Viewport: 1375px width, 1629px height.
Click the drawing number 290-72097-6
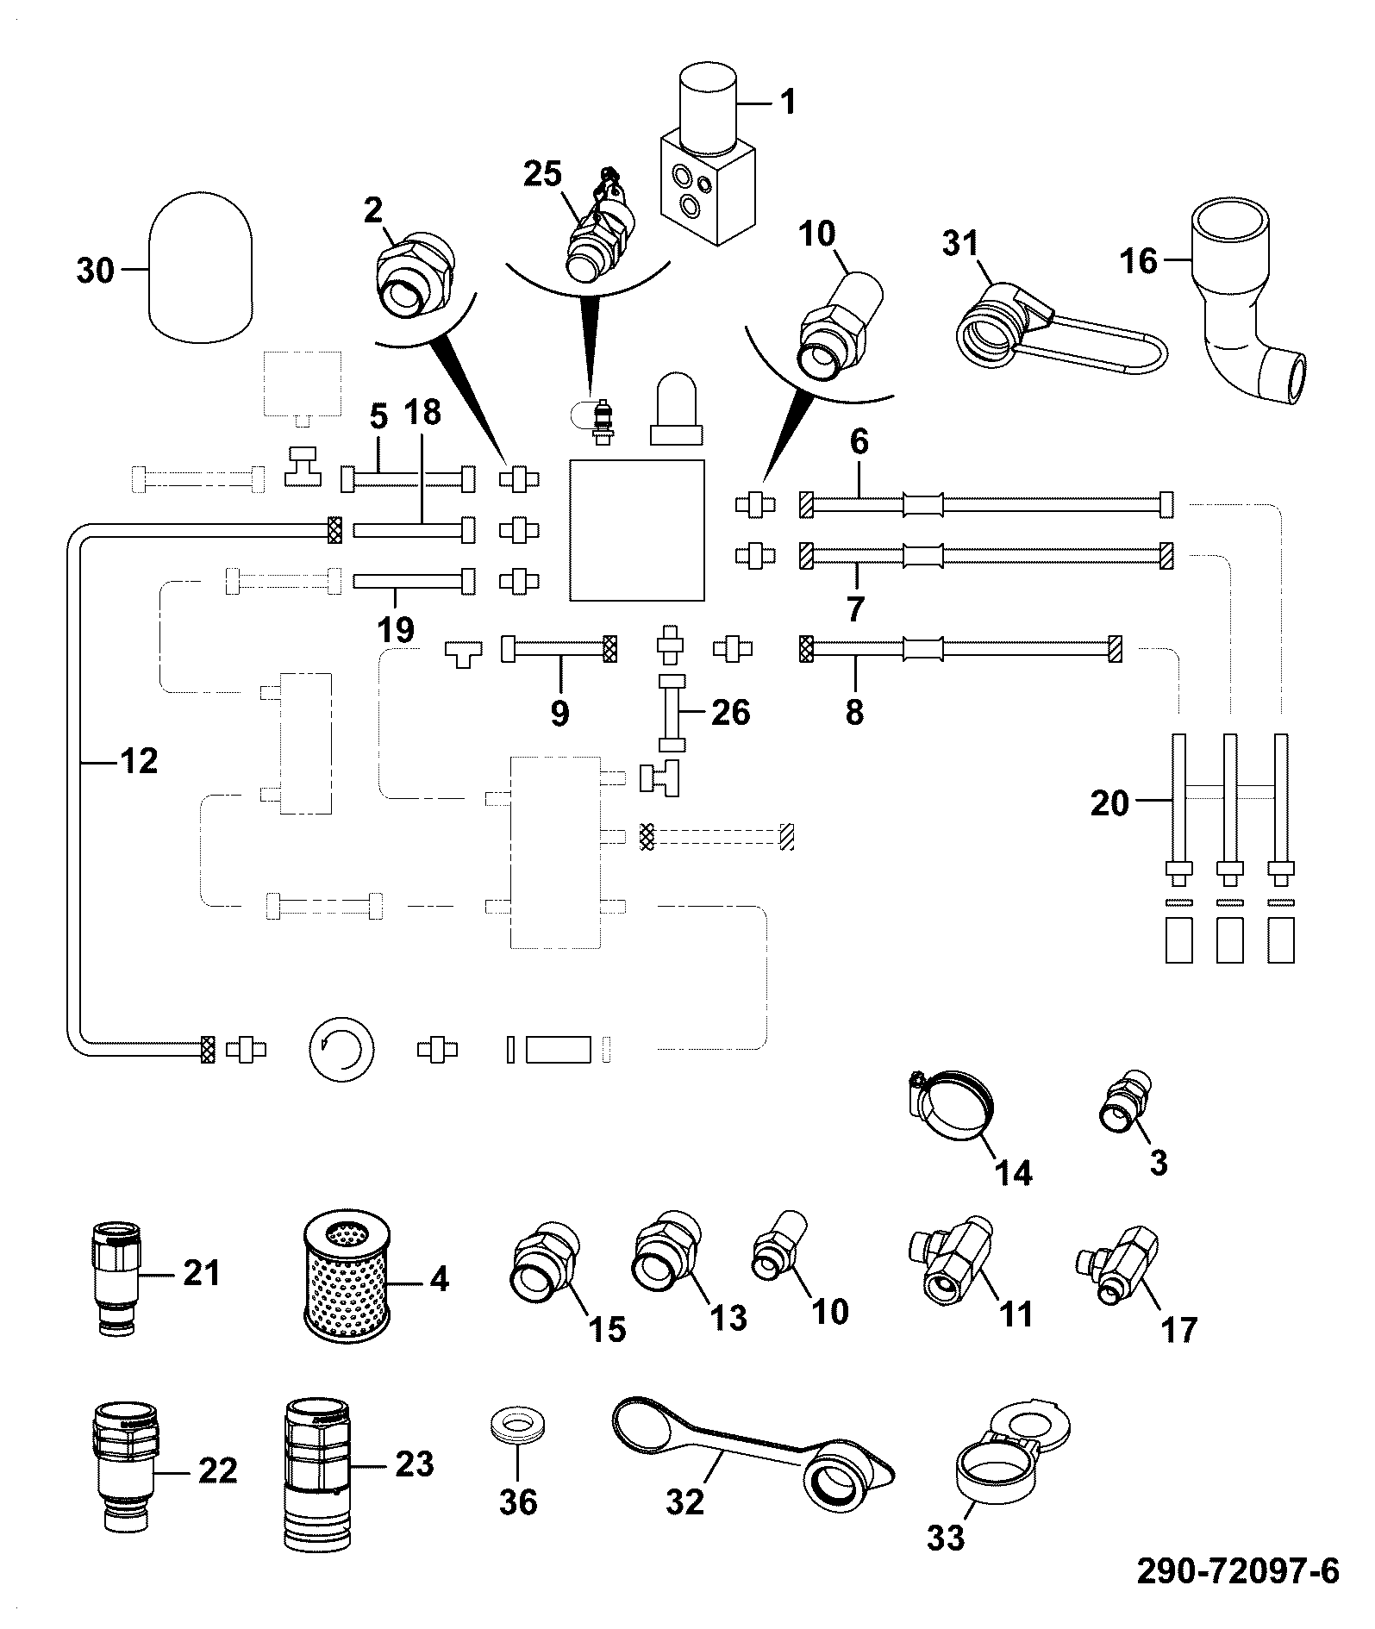click(1238, 1571)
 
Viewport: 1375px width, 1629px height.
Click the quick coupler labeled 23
click(318, 1472)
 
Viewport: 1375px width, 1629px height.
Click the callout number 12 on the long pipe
click(139, 761)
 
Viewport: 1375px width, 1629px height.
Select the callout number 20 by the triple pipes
click(1109, 803)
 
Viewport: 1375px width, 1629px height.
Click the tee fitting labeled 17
click(1118, 1261)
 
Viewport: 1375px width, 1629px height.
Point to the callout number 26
click(730, 712)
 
